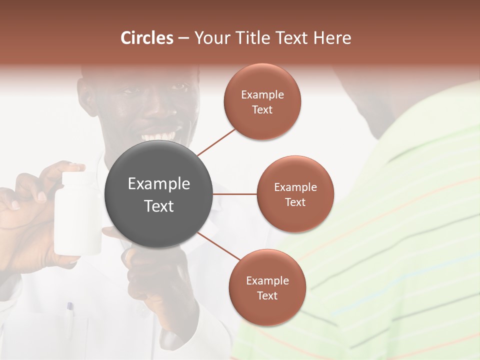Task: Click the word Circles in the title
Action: [147, 38]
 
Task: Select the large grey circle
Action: [158, 194]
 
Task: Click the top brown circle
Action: [262, 101]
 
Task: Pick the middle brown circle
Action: [295, 194]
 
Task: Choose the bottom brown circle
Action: [267, 287]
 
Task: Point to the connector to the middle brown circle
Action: [235, 194]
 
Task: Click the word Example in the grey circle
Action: [158, 184]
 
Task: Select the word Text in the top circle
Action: [262, 110]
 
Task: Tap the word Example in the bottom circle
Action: [267, 280]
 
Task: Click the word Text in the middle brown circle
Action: [295, 202]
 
